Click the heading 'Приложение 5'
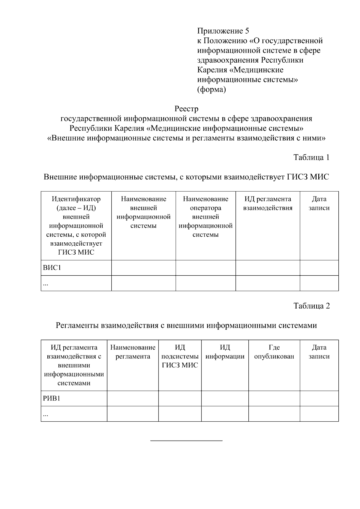(223, 31)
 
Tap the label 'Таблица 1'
(311, 157)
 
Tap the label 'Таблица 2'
(311, 306)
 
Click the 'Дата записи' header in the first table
(319, 203)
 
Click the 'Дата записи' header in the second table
(319, 352)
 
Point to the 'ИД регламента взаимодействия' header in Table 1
(268, 203)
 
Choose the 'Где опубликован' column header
(274, 352)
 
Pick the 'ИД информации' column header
(225, 352)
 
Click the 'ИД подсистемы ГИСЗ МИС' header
(180, 356)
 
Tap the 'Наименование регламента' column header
(133, 352)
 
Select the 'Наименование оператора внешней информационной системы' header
(205, 217)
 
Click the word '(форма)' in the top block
(211, 89)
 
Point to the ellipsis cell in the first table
(46, 284)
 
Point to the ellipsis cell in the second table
(46, 414)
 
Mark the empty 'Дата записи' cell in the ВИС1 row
(319, 268)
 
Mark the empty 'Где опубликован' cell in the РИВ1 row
(274, 399)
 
